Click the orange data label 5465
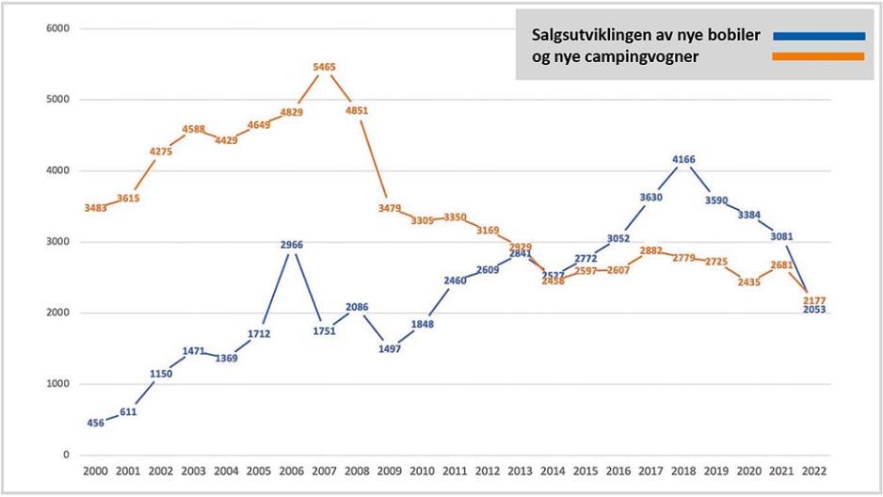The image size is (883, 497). point(324,68)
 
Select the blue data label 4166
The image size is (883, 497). point(683,160)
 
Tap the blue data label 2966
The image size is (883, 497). point(291,246)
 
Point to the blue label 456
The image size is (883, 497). point(96,423)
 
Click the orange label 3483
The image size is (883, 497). point(96,208)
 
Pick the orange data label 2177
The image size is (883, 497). point(814,300)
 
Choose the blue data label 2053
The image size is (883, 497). point(814,310)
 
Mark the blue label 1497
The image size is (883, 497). point(389,349)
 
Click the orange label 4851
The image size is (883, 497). point(356,111)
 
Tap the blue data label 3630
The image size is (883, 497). point(650,198)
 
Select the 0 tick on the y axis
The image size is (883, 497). point(66,456)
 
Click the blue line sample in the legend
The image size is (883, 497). point(817,37)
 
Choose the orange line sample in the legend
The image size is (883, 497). point(817,56)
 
